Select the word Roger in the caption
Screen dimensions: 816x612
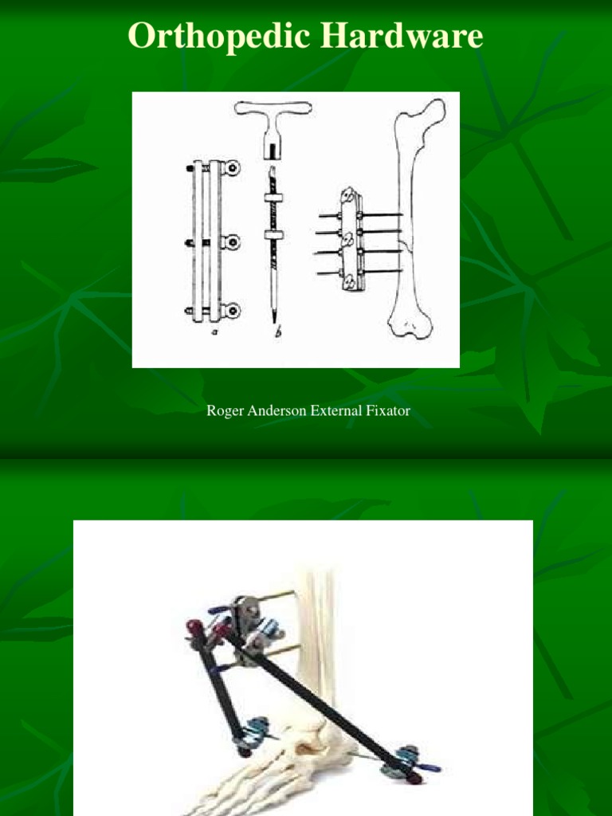[x=224, y=411]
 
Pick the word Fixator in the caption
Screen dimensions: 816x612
[x=390, y=411]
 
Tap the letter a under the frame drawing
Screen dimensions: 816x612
[x=214, y=331]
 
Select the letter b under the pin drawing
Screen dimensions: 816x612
[x=278, y=333]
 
